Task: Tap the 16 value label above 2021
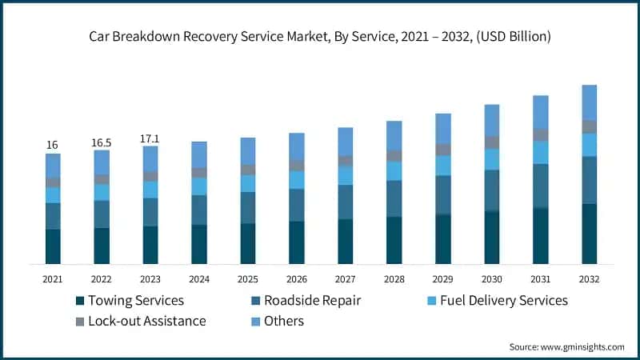53,145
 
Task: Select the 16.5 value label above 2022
102,142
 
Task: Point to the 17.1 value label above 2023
150,138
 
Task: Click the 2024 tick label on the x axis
199,278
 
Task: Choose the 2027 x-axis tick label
346,278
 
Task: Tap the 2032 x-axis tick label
589,278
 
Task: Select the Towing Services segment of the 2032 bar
589,234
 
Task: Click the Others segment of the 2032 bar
589,102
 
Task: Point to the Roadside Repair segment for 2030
492,190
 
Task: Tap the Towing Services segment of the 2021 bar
53,246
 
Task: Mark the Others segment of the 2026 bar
297,146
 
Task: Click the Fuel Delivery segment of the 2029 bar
443,166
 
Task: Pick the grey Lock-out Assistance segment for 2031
541,135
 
